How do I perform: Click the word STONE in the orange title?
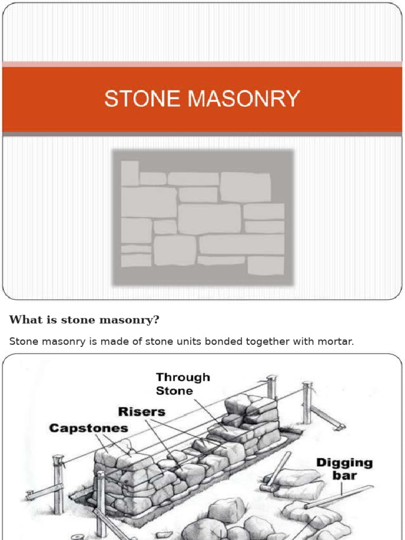[135, 99]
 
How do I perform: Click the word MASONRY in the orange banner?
[236, 99]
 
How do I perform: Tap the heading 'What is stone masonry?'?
[84, 320]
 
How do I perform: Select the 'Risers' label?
[141, 411]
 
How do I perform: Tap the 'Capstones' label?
[89, 428]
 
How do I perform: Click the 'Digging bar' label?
[344, 469]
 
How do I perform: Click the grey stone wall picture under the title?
[203, 217]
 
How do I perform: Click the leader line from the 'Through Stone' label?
[208, 411]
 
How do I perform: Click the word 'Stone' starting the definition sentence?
[22, 341]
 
